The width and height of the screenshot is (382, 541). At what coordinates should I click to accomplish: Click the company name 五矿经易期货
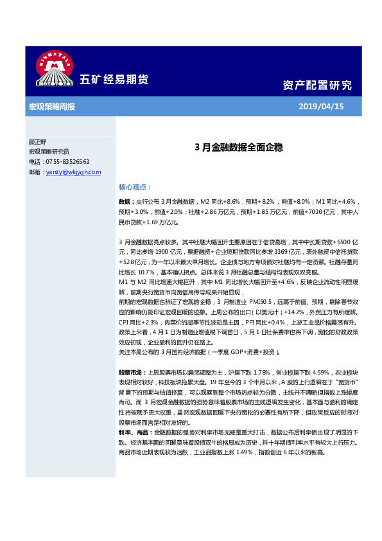pos(114,80)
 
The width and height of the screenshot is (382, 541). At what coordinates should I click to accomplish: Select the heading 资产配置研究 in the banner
pos(317,85)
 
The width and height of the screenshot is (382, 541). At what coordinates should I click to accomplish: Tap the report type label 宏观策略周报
pos(52,106)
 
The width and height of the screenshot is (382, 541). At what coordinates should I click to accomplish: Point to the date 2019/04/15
pos(322,106)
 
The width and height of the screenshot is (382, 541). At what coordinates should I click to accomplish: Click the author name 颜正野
pos(38,143)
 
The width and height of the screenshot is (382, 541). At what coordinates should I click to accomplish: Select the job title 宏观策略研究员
pos(49,152)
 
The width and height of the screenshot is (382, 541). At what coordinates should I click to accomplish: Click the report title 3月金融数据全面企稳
pos(238,147)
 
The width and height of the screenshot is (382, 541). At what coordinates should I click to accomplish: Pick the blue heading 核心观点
pos(134,187)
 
